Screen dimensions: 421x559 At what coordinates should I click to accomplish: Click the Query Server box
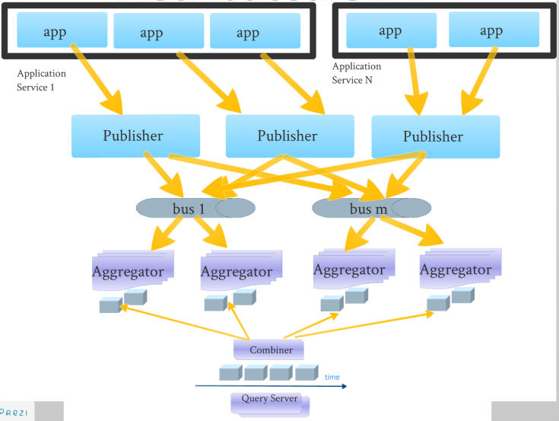[x=270, y=399]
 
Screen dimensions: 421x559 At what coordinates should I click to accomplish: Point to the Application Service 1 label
[x=41, y=80]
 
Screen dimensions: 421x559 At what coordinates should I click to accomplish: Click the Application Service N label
[x=357, y=73]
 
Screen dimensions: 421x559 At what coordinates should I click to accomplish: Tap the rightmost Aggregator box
[x=456, y=270]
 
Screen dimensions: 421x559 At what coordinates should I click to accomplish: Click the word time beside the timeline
[x=332, y=377]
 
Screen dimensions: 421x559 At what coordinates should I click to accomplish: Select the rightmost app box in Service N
[x=491, y=30]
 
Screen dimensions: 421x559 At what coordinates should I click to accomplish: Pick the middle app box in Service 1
[x=158, y=32]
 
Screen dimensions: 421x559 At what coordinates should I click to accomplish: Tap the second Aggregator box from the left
[x=237, y=271]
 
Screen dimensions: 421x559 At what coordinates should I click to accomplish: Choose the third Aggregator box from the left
[x=349, y=270]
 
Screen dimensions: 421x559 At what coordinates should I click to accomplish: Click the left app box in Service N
[x=391, y=30]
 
